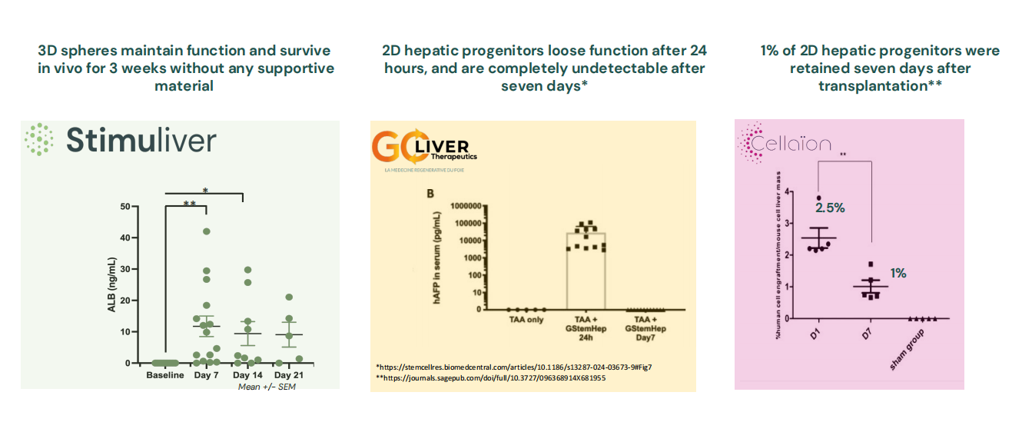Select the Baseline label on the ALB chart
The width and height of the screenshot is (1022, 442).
coord(165,375)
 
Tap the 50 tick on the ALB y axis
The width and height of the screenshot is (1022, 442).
coord(124,207)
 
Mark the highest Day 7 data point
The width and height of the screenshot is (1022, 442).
coord(206,231)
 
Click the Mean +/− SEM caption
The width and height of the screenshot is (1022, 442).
coord(267,387)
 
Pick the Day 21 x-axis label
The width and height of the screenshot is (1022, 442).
coord(289,375)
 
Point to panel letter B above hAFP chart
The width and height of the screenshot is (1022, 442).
coord(430,194)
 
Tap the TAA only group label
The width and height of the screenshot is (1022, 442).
coord(525,320)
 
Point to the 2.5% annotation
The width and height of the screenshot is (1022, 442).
coord(831,208)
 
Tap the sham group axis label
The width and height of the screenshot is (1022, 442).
coord(907,350)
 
